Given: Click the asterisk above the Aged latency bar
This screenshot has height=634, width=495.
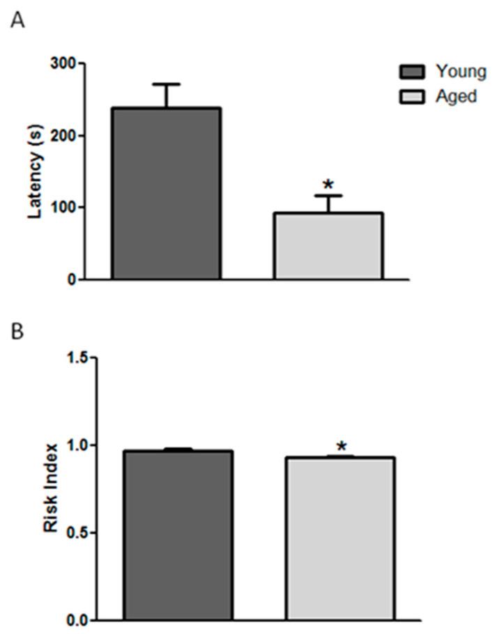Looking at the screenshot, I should [328, 185].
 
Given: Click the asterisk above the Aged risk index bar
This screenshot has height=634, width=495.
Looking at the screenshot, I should [341, 445].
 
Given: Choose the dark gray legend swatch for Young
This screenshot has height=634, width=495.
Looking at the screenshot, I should [412, 72].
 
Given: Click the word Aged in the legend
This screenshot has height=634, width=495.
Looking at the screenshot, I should [456, 96].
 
